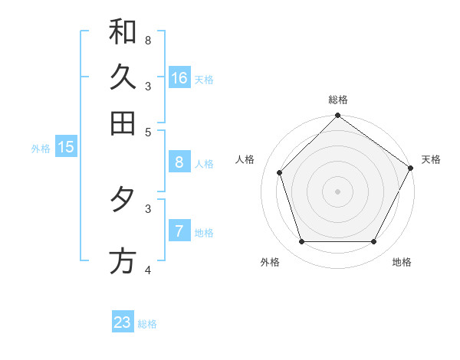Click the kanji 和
tap(123, 31)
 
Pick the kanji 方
tap(123, 261)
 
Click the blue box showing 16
tap(179, 78)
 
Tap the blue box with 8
tap(179, 162)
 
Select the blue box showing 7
tap(179, 231)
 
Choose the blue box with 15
tap(66, 148)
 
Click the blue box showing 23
tap(123, 322)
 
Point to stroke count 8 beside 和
tap(148, 40)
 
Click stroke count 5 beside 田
tap(148, 131)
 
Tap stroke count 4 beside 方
tap(148, 269)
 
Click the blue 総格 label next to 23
tap(148, 324)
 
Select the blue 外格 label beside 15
tap(41, 149)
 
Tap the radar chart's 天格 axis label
tap(431, 159)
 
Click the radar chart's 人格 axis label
tap(245, 159)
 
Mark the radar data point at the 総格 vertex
tap(337, 117)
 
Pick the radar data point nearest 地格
tap(374, 242)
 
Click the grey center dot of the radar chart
tap(337, 191)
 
